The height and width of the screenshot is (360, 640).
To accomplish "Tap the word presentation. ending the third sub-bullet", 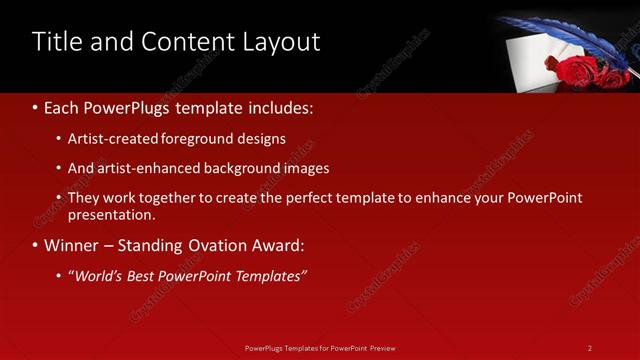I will [111, 214].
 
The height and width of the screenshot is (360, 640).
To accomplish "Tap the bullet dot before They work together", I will [59, 199].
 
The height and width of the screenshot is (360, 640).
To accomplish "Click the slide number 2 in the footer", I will [590, 348].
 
